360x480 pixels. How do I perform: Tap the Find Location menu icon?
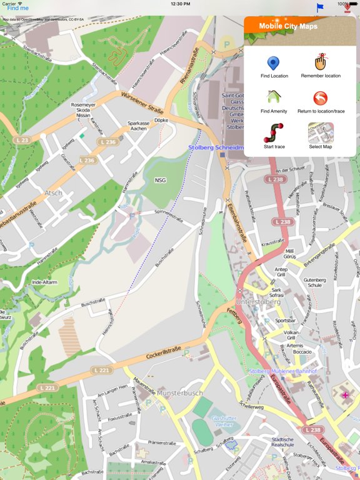pos(273,63)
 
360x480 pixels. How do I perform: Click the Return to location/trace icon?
pos(321,98)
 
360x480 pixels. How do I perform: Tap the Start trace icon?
pos(273,132)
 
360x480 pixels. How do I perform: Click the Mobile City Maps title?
pos(288,26)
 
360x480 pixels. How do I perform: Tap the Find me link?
pos(18,8)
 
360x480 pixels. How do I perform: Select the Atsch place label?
pos(54,193)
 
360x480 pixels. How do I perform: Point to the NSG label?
pos(160,180)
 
